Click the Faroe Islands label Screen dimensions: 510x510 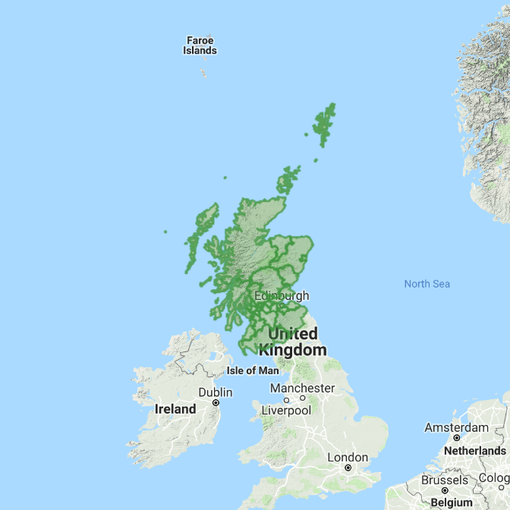coord(200,46)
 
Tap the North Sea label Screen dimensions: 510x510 coord(427,284)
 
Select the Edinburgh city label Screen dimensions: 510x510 coord(282,296)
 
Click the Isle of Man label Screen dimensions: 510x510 coord(253,370)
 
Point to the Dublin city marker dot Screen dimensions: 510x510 coord(216,403)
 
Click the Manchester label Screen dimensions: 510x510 coord(302,388)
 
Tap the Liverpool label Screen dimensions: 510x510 coord(286,410)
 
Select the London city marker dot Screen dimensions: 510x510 coord(348,468)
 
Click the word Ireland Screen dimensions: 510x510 coord(175,408)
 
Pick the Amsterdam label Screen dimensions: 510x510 coord(456,427)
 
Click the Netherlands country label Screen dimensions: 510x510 coord(474,450)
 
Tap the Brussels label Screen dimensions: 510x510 coord(444,480)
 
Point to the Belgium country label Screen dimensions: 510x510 coord(452,502)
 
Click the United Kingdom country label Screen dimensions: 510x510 coord(293,342)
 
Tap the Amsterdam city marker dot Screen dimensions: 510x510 coord(457,438)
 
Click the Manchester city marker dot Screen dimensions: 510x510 coord(302,398)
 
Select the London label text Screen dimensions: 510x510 coord(348,458)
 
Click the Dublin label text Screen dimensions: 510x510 coord(216,392)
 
